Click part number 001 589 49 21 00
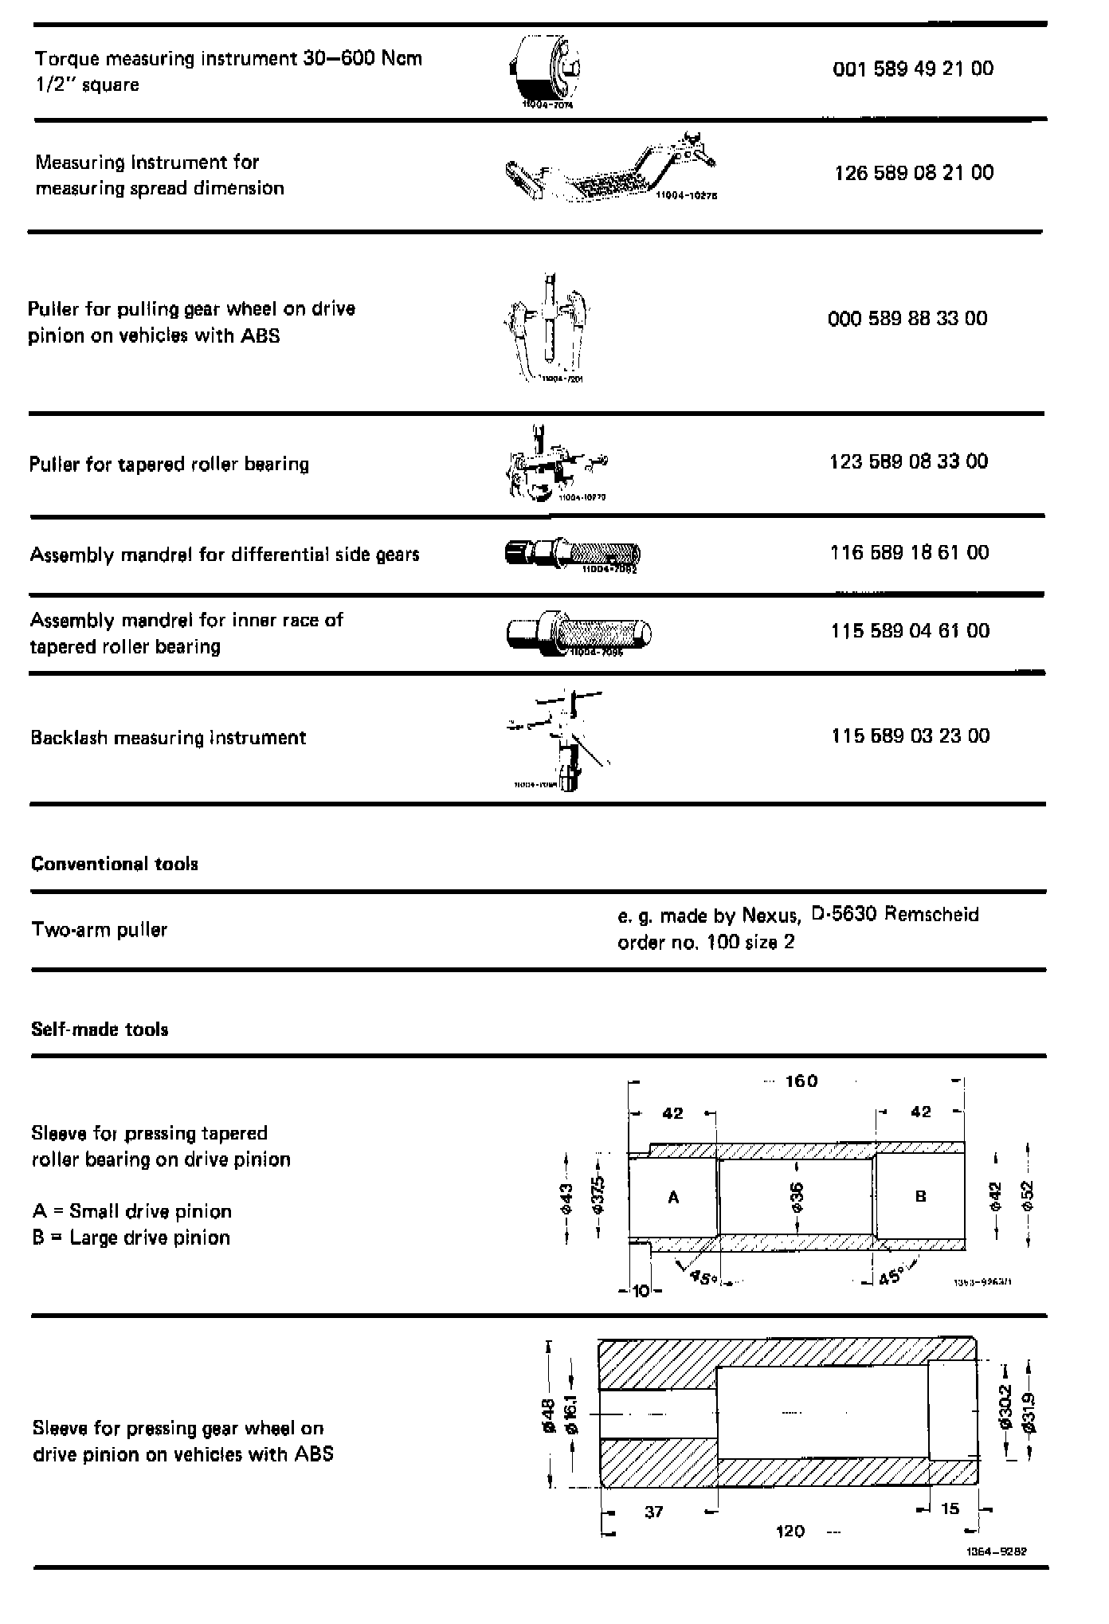[x=913, y=69]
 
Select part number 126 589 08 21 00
[x=914, y=173]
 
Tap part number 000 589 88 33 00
[x=907, y=319]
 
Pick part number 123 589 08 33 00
[x=908, y=461]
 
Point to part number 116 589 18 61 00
[x=909, y=553]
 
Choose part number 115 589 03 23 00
[x=910, y=736]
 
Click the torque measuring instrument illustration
[x=545, y=72]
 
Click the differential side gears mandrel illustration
[x=572, y=554]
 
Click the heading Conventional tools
[x=114, y=864]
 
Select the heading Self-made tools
[x=100, y=1030]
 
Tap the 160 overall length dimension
[x=801, y=1081]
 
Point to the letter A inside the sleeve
[x=673, y=1197]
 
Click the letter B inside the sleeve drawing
[x=920, y=1196]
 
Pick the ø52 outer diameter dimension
[x=1027, y=1196]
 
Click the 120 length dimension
[x=790, y=1531]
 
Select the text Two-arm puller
[x=99, y=930]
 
